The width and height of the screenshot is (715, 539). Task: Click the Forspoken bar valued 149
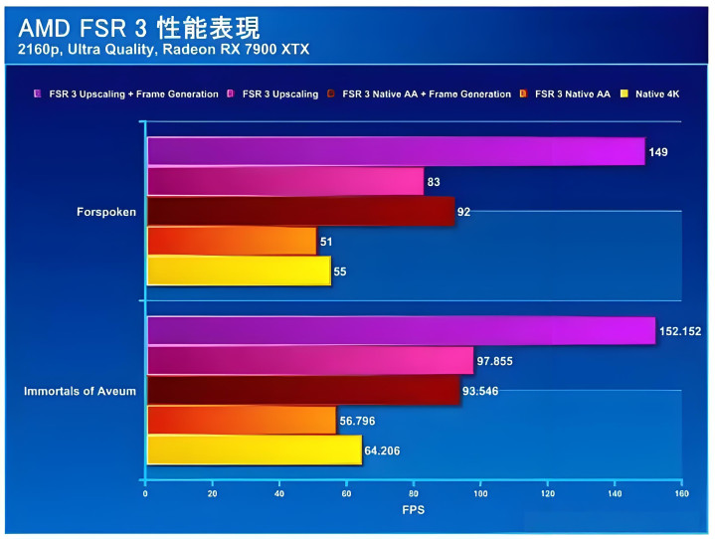[x=396, y=151]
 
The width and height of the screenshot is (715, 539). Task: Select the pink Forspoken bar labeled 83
[x=285, y=181]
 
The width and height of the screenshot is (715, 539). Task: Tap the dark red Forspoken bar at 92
[x=300, y=211]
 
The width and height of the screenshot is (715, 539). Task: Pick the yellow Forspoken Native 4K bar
[x=239, y=270]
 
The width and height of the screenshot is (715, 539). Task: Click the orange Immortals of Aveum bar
[x=242, y=421]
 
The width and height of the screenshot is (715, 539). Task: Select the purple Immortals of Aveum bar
[x=401, y=331]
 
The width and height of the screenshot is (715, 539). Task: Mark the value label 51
[x=327, y=242]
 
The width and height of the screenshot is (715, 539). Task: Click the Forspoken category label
[x=105, y=211]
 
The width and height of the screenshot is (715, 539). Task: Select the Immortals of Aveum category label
[x=80, y=391]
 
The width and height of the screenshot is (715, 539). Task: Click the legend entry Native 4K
[x=660, y=93]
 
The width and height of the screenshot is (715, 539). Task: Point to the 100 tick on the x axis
[x=480, y=492]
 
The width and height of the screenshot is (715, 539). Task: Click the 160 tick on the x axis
[x=681, y=492]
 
